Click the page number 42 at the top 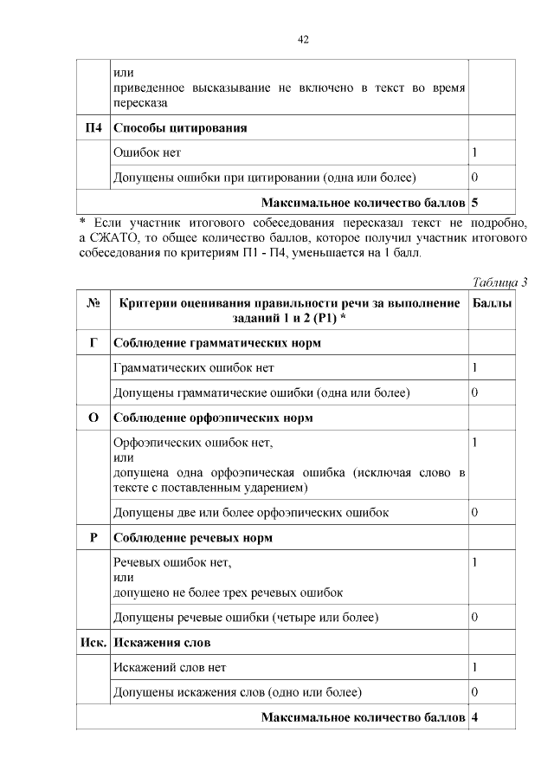click(x=303, y=40)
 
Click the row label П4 click(x=93, y=128)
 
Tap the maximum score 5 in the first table click(x=474, y=204)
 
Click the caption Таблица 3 click(x=499, y=282)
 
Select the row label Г click(x=93, y=343)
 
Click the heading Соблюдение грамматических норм click(x=217, y=343)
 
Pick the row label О click(x=93, y=418)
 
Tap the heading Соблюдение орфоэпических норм click(x=213, y=418)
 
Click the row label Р click(x=93, y=537)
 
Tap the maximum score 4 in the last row click(x=474, y=718)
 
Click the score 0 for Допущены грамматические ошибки click(x=474, y=392)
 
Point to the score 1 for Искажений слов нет click(x=474, y=668)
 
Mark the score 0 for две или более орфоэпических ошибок click(x=474, y=512)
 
